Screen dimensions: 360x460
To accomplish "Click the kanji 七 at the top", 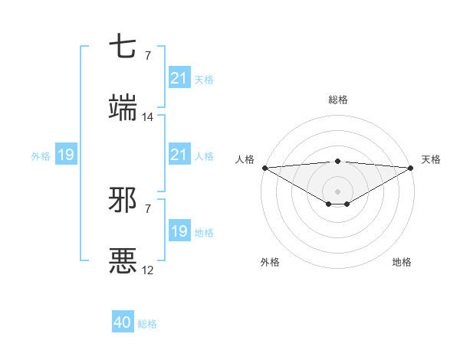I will point(123,48).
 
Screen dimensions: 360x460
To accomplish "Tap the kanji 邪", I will point(123,201).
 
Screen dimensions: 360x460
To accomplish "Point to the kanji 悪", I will point(123,260).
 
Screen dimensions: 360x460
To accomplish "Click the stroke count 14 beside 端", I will point(148,117).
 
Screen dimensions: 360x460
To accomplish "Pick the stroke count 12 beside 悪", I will point(148,270).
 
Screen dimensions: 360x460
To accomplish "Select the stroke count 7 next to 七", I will point(148,56).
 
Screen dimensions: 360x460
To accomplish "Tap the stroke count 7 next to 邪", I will point(148,208).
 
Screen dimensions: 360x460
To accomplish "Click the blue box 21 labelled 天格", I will point(179,78).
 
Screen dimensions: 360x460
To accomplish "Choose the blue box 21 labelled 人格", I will point(179,155).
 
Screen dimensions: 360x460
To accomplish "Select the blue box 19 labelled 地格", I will point(179,231).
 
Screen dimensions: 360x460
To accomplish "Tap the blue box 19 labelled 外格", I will point(66,155).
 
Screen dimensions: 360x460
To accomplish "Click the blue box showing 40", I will point(123,323).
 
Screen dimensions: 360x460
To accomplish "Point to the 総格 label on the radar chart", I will point(338,100).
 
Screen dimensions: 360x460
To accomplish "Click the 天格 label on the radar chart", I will point(431,159).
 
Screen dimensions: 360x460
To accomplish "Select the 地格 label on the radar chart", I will point(402,262).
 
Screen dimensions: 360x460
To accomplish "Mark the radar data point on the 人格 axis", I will point(264,167).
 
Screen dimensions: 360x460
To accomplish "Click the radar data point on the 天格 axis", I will point(411,167).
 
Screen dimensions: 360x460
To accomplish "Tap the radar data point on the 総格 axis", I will point(338,161).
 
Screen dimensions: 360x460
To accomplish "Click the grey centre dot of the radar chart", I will point(338,191).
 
